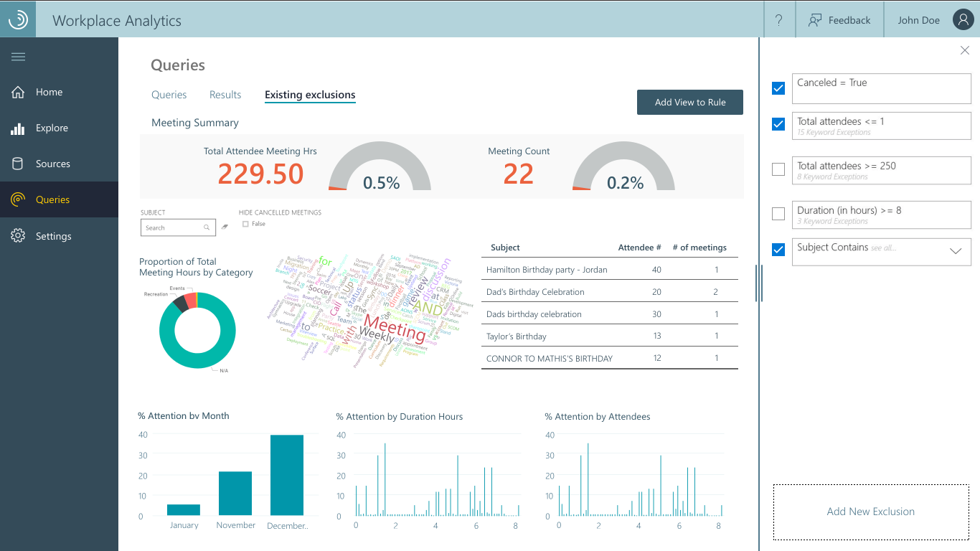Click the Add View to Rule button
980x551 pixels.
[689, 102]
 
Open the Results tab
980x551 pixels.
[225, 95]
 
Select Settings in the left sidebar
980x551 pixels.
[53, 236]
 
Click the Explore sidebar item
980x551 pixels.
[52, 128]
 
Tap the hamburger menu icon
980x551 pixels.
[19, 57]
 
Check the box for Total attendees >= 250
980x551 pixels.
[778, 169]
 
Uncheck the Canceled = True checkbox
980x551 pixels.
[778, 88]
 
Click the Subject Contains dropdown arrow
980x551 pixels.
[956, 251]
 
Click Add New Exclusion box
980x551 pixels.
[871, 512]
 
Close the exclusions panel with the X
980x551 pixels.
[965, 50]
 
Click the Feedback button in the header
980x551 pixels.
[839, 20]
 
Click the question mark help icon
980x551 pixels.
[779, 20]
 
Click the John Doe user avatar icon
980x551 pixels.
[963, 20]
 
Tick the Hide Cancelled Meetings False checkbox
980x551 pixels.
[245, 224]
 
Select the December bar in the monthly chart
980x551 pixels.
[287, 475]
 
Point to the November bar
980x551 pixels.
[235, 493]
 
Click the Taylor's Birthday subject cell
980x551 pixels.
[517, 336]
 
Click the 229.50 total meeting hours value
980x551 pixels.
[260, 174]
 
